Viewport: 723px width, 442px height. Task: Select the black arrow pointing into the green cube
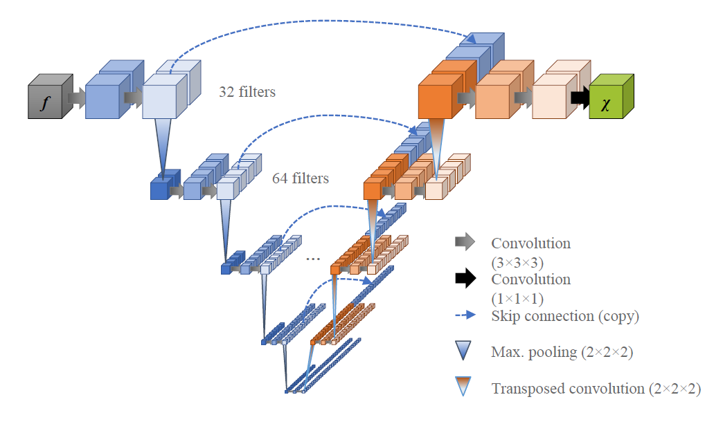[580, 98]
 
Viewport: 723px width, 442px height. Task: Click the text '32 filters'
[247, 92]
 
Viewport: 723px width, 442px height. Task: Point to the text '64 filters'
[301, 178]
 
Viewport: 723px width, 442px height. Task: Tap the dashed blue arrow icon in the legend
[465, 315]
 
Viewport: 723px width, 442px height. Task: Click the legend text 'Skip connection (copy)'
[565, 316]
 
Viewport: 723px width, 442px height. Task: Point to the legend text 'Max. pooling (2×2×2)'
[562, 352]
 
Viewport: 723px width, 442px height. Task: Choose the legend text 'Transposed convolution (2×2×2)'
[596, 389]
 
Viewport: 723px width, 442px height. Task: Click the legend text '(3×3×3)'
[517, 264]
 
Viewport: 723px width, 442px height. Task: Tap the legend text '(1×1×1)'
[517, 300]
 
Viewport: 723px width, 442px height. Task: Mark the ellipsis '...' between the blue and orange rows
[313, 258]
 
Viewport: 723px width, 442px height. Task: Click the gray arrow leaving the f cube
[76, 98]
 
